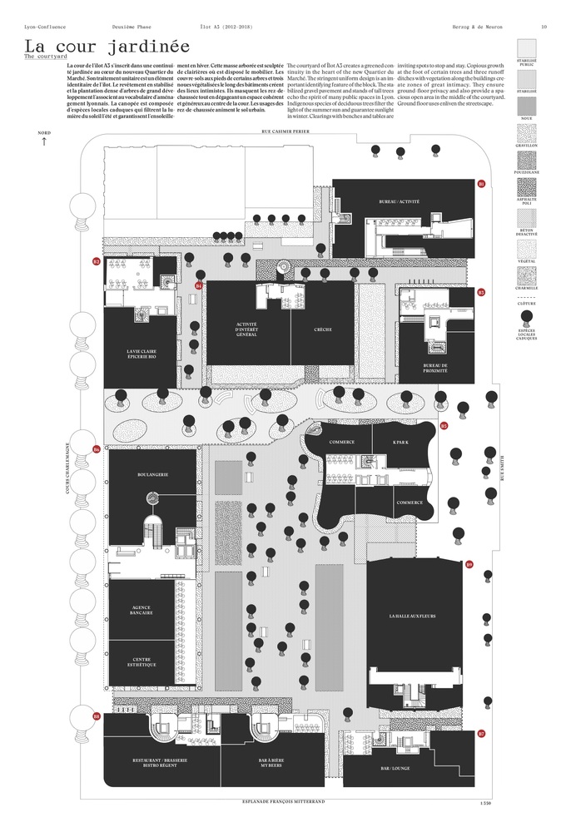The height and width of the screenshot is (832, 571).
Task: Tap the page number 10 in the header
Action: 544,27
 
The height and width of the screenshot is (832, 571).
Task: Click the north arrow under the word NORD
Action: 43,141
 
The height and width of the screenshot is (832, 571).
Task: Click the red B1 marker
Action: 481,183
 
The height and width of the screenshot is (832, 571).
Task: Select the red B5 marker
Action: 444,426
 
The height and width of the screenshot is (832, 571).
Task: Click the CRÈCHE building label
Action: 323,329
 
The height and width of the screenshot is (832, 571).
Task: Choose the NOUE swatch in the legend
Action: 527,106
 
